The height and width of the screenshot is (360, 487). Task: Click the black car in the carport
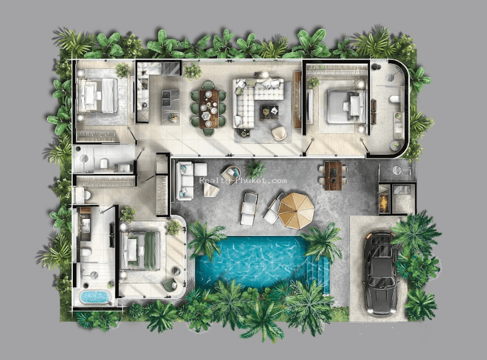(381, 273)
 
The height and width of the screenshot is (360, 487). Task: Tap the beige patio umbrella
(296, 211)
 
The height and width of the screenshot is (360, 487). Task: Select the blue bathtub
(95, 297)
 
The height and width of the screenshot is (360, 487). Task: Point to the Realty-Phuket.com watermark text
(243, 180)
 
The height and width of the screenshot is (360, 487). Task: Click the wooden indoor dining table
(209, 109)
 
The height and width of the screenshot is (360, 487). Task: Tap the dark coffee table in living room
(269, 112)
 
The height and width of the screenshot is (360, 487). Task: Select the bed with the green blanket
(140, 250)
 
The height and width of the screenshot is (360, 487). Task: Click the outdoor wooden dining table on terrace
(333, 176)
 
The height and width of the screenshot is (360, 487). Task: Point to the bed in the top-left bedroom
(98, 95)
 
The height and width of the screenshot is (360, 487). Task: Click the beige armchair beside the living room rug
(279, 133)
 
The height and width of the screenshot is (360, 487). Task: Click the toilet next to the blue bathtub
(85, 251)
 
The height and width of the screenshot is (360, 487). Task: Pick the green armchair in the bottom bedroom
(170, 285)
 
